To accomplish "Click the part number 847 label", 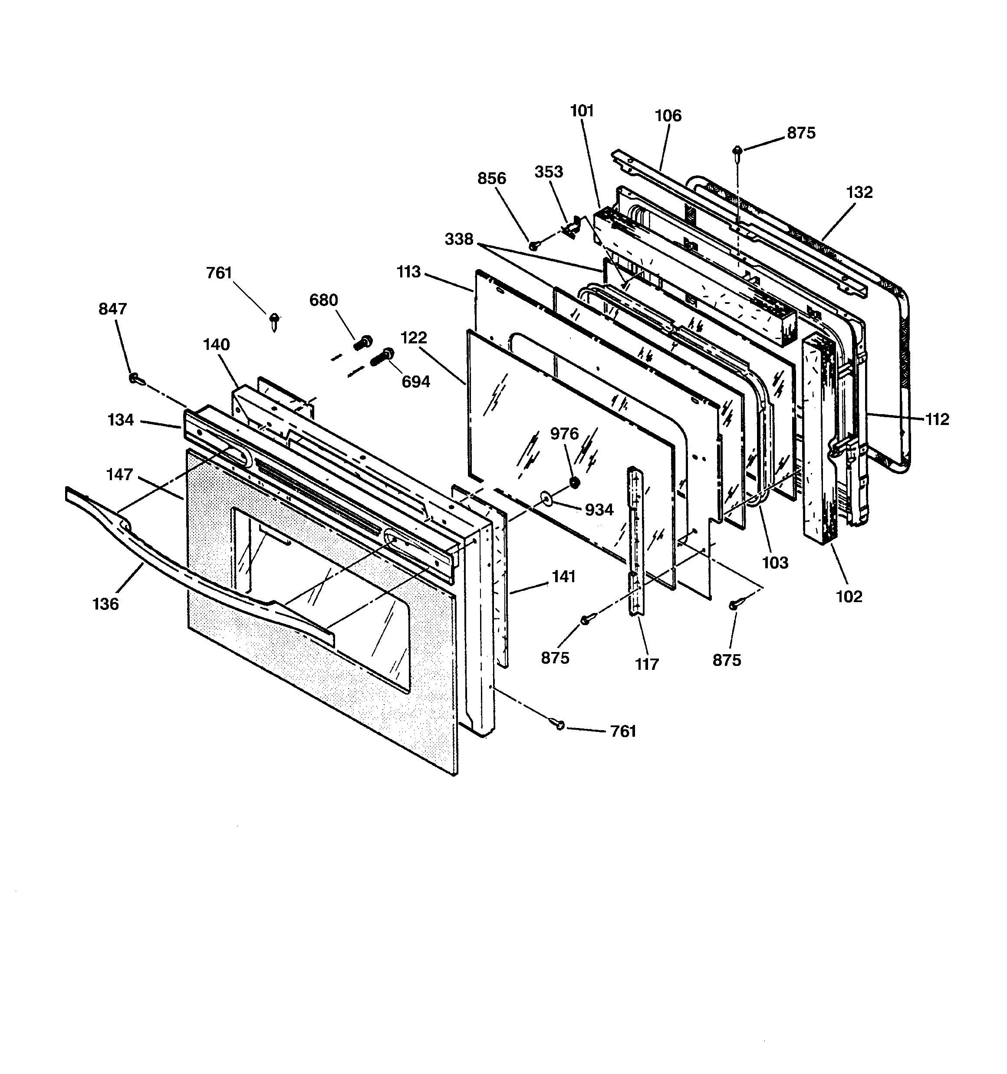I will coord(112,309).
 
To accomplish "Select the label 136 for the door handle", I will coord(105,603).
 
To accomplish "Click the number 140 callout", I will coord(216,344).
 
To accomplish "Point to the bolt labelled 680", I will coord(363,343).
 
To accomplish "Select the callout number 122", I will coord(414,338).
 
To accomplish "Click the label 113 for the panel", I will coord(408,272).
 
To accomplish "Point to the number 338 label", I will coord(459,239).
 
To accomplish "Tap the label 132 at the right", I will coord(859,192).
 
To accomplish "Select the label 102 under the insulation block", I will coord(849,596).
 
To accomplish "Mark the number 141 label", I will coord(563,577).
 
